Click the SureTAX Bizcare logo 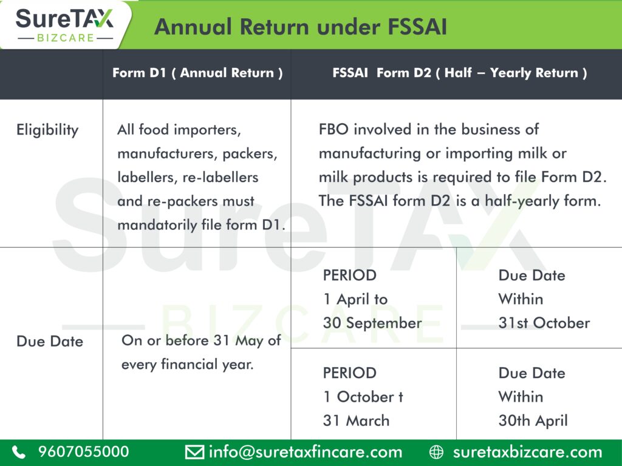[x=64, y=24]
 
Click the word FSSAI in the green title [x=417, y=27]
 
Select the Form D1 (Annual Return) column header [x=197, y=73]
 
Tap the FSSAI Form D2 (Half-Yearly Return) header [x=460, y=73]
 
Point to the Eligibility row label [x=47, y=130]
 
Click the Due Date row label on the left [x=50, y=341]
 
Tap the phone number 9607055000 [x=84, y=451]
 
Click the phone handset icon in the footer [x=19, y=452]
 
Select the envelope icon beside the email [x=195, y=452]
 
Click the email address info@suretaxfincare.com [x=306, y=452]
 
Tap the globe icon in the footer [x=436, y=452]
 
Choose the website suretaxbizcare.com [x=528, y=452]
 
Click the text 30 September [x=372, y=323]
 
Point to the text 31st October [x=544, y=323]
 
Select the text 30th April [x=533, y=421]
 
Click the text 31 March [x=356, y=420]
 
